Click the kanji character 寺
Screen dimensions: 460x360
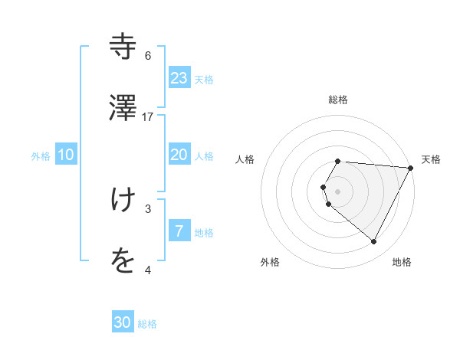click(123, 47)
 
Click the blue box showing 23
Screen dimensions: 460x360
click(179, 77)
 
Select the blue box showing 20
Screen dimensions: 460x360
click(179, 155)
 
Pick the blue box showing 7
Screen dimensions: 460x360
click(179, 231)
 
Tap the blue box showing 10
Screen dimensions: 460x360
click(66, 155)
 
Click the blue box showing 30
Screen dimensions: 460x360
click(123, 322)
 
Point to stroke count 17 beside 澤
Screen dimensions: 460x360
click(148, 117)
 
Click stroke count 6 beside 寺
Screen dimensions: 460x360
click(148, 56)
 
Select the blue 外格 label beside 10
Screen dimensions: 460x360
click(41, 156)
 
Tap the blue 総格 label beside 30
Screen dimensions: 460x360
click(147, 324)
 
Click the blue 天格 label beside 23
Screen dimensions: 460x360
click(204, 80)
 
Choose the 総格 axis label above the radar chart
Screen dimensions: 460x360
click(338, 100)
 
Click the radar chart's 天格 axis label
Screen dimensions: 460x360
click(431, 159)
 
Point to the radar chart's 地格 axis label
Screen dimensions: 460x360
click(402, 262)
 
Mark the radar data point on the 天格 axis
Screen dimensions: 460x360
click(411, 167)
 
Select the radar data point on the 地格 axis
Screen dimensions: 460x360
click(374, 242)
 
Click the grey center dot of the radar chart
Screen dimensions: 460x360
click(338, 191)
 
